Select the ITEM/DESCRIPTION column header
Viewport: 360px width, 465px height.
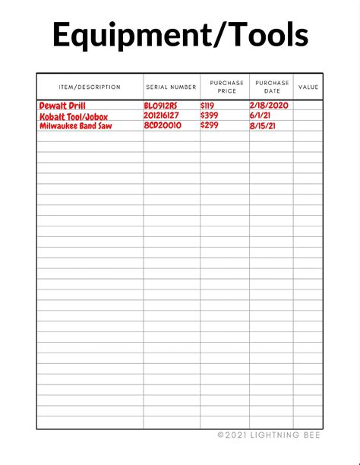pos(90,87)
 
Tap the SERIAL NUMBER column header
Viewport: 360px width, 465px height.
pos(171,87)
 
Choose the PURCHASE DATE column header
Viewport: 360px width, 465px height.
pos(272,87)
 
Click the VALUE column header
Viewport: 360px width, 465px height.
pos(308,87)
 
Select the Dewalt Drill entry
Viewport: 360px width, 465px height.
pos(62,106)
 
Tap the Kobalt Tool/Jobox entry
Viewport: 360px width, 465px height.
pos(74,116)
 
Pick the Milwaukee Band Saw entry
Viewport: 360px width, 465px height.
pos(75,126)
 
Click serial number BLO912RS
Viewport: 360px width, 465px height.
pos(160,106)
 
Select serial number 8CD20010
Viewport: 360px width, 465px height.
pos(163,125)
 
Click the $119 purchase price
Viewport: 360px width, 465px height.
pos(209,106)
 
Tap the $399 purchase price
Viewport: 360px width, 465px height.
pos(210,115)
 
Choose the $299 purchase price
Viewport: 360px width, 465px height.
pos(210,125)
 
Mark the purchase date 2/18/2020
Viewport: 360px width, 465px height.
pos(269,105)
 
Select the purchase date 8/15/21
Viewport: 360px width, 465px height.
pos(263,126)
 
